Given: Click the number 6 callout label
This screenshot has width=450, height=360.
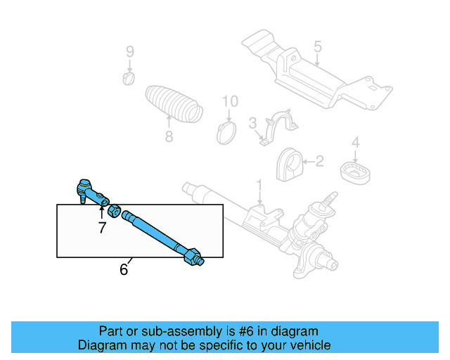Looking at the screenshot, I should point(124,269).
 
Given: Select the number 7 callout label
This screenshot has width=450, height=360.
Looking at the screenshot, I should point(101,227).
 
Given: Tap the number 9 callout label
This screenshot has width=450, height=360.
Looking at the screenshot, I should point(129,51).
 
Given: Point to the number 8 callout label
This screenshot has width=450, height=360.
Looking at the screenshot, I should point(169,136).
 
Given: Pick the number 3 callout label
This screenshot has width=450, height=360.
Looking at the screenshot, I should point(252,124).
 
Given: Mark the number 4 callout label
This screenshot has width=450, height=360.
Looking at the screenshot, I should point(356,142).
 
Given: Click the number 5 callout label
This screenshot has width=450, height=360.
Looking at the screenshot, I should point(317,46).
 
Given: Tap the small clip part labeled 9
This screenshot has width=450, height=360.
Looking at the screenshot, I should point(129,77).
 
